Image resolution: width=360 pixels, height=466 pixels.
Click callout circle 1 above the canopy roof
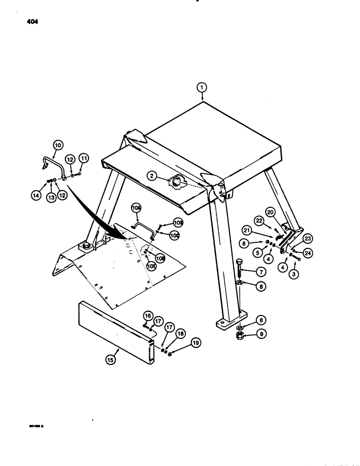coord(201,87)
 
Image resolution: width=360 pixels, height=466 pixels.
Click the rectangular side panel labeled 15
coord(114,331)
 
